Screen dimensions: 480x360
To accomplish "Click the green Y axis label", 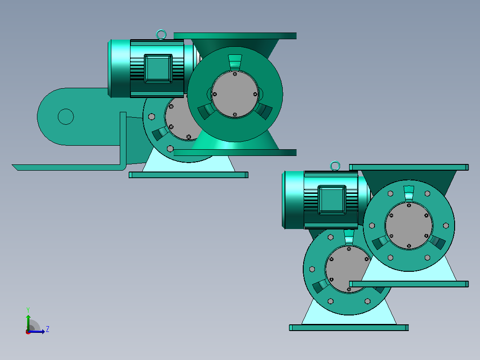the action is point(28,310).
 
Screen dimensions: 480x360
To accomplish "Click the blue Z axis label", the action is point(48,329).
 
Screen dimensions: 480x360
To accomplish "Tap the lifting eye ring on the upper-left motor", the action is point(161,35).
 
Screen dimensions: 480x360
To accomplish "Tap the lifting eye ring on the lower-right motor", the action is point(335,166).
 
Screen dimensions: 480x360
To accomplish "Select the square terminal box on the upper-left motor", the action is point(158,69).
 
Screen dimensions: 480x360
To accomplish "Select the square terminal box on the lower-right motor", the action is point(332,200).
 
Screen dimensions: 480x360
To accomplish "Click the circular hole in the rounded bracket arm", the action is point(66,117).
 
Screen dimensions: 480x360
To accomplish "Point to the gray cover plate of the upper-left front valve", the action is point(235,94).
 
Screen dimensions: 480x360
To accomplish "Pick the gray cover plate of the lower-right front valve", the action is point(409,226).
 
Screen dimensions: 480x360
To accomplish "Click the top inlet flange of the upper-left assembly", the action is point(235,36).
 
